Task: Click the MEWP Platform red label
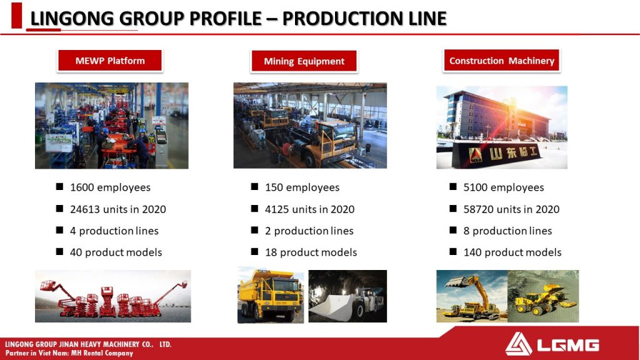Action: coord(110,61)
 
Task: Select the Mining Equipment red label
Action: coord(304,61)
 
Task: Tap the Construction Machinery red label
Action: coord(502,61)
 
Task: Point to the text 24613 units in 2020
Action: coord(118,209)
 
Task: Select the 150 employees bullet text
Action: coord(302,187)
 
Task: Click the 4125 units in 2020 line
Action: coord(310,209)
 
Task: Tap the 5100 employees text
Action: coord(504,187)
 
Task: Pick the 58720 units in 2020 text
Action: coord(511,209)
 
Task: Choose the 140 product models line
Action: coord(512,252)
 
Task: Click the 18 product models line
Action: coord(311,252)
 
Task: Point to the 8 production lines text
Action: coord(507,231)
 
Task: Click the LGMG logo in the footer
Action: coord(552,344)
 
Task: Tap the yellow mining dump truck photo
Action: coord(271,296)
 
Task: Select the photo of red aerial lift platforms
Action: coord(113,296)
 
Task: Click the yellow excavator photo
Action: coord(472,296)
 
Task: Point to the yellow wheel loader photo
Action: coord(543,296)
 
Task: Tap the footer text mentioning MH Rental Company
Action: coord(69,353)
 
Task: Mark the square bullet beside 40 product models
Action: coord(59,251)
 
